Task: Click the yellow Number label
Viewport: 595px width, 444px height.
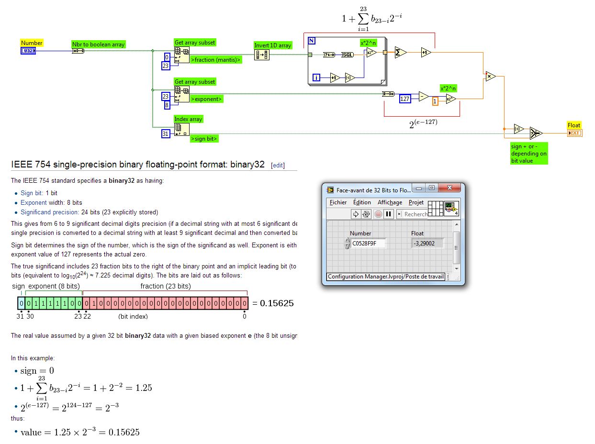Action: coord(32,43)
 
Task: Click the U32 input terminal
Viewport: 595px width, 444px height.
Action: coord(28,51)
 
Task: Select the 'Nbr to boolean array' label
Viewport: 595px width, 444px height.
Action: coord(98,44)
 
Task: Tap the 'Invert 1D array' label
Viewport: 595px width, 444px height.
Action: coord(272,45)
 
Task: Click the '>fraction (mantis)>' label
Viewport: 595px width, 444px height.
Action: coord(215,60)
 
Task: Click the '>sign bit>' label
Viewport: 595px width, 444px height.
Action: coord(204,139)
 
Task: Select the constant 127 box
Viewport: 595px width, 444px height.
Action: coord(405,99)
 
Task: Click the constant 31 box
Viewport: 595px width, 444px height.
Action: coord(166,134)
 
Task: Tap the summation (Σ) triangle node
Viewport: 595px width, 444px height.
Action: coord(399,53)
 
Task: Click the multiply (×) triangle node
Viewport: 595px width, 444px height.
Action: coord(490,76)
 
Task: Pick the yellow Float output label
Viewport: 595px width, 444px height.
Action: coord(573,125)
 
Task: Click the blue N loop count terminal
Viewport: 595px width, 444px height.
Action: coord(311,40)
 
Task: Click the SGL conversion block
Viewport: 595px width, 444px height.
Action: coord(348,55)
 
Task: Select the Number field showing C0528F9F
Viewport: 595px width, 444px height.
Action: coord(368,243)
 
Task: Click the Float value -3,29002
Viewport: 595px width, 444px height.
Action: coord(424,243)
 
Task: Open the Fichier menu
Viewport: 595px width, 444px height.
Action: coord(338,202)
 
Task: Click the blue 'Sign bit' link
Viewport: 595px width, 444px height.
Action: coord(32,193)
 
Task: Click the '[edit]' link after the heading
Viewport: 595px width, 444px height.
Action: coord(278,166)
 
